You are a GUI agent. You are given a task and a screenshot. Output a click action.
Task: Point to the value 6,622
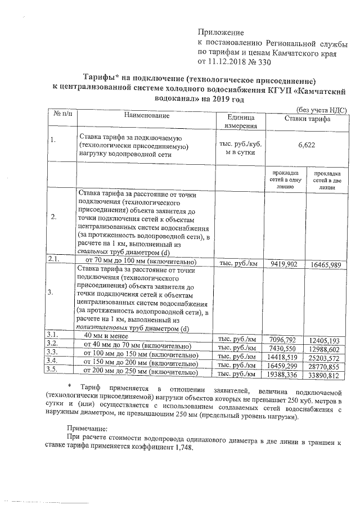[x=306, y=145]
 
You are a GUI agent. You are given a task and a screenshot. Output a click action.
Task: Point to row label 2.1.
[x=54, y=259]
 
